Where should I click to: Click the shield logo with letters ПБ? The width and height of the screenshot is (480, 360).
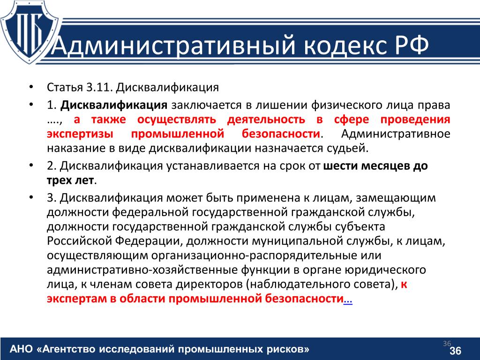tap(30, 32)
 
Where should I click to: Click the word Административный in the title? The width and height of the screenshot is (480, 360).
tap(174, 45)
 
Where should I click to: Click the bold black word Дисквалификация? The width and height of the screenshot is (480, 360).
tap(114, 105)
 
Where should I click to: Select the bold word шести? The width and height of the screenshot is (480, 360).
tap(340, 166)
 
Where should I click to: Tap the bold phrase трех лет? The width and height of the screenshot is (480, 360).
tap(70, 180)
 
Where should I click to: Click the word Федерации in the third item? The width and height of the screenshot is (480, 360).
tap(148, 241)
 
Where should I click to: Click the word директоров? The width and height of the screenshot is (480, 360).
tap(210, 285)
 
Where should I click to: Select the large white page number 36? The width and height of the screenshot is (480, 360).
tap(455, 351)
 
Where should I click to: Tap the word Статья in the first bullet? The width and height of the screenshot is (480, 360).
tap(65, 88)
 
